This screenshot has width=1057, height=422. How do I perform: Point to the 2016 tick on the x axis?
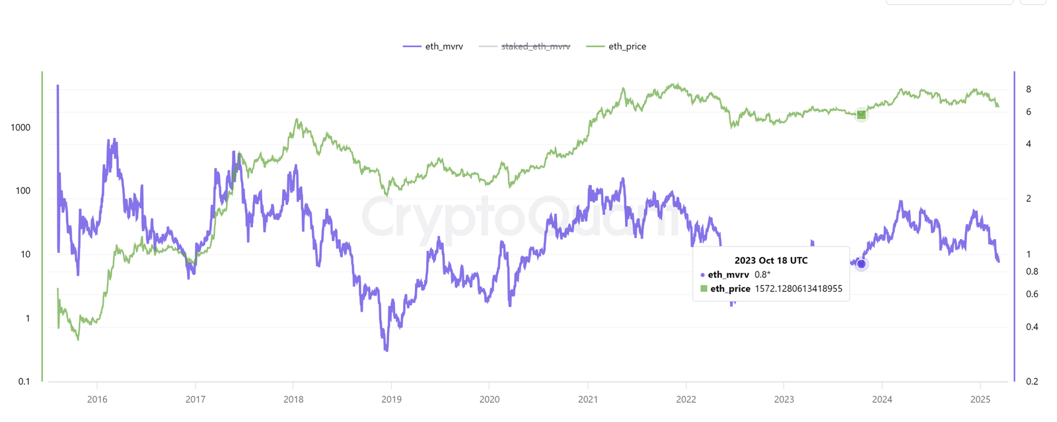[97, 399]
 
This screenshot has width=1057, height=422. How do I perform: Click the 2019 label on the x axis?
[392, 399]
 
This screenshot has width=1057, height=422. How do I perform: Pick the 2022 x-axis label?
[686, 399]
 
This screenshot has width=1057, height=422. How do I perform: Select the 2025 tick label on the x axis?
[980, 399]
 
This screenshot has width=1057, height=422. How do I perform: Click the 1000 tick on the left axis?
[20, 127]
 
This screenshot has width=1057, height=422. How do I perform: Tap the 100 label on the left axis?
[23, 191]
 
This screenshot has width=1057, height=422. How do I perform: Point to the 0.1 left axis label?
[24, 381]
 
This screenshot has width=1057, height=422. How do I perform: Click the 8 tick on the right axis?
[1029, 89]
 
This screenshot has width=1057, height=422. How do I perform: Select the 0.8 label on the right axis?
[1032, 271]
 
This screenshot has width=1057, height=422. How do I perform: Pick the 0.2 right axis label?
[1032, 381]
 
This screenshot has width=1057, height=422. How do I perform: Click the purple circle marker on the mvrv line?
[861, 264]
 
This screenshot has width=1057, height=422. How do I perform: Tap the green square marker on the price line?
[861, 115]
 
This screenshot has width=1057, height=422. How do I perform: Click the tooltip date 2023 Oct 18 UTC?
[771, 260]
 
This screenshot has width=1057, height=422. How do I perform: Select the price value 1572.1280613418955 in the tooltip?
[798, 289]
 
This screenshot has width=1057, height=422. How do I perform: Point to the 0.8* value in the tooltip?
[762, 275]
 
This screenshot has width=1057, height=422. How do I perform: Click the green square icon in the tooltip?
[704, 289]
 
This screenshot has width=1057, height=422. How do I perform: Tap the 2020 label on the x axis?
[490, 399]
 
